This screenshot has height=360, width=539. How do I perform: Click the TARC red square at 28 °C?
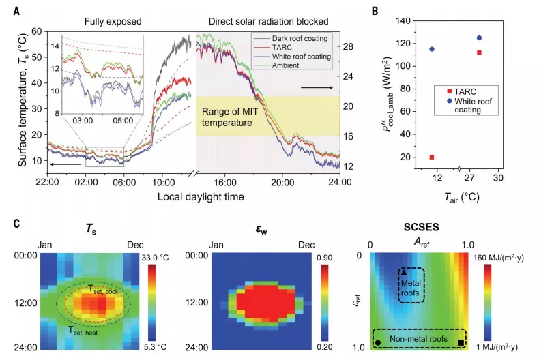[x=479, y=52]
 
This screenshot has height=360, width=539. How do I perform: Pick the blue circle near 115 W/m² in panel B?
[x=431, y=49]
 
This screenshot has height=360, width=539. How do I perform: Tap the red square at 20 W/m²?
[x=431, y=157]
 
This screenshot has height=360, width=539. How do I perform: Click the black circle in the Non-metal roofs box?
[x=378, y=342]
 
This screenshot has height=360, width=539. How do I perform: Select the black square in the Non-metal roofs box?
[x=462, y=342]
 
